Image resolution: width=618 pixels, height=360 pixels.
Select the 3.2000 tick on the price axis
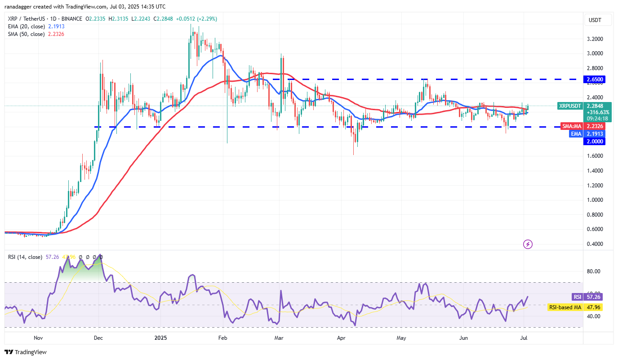[595, 39]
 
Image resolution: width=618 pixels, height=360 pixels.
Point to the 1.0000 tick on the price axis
[595, 200]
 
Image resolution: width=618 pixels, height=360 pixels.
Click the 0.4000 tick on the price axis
[595, 244]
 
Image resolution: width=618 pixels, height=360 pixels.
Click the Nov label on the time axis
[38, 337]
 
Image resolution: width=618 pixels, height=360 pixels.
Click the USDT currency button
[595, 20]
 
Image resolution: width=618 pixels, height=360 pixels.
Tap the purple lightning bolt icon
[528, 244]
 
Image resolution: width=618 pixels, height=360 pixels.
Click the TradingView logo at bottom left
[26, 352]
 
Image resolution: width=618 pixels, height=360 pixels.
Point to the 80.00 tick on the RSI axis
[594, 271]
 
